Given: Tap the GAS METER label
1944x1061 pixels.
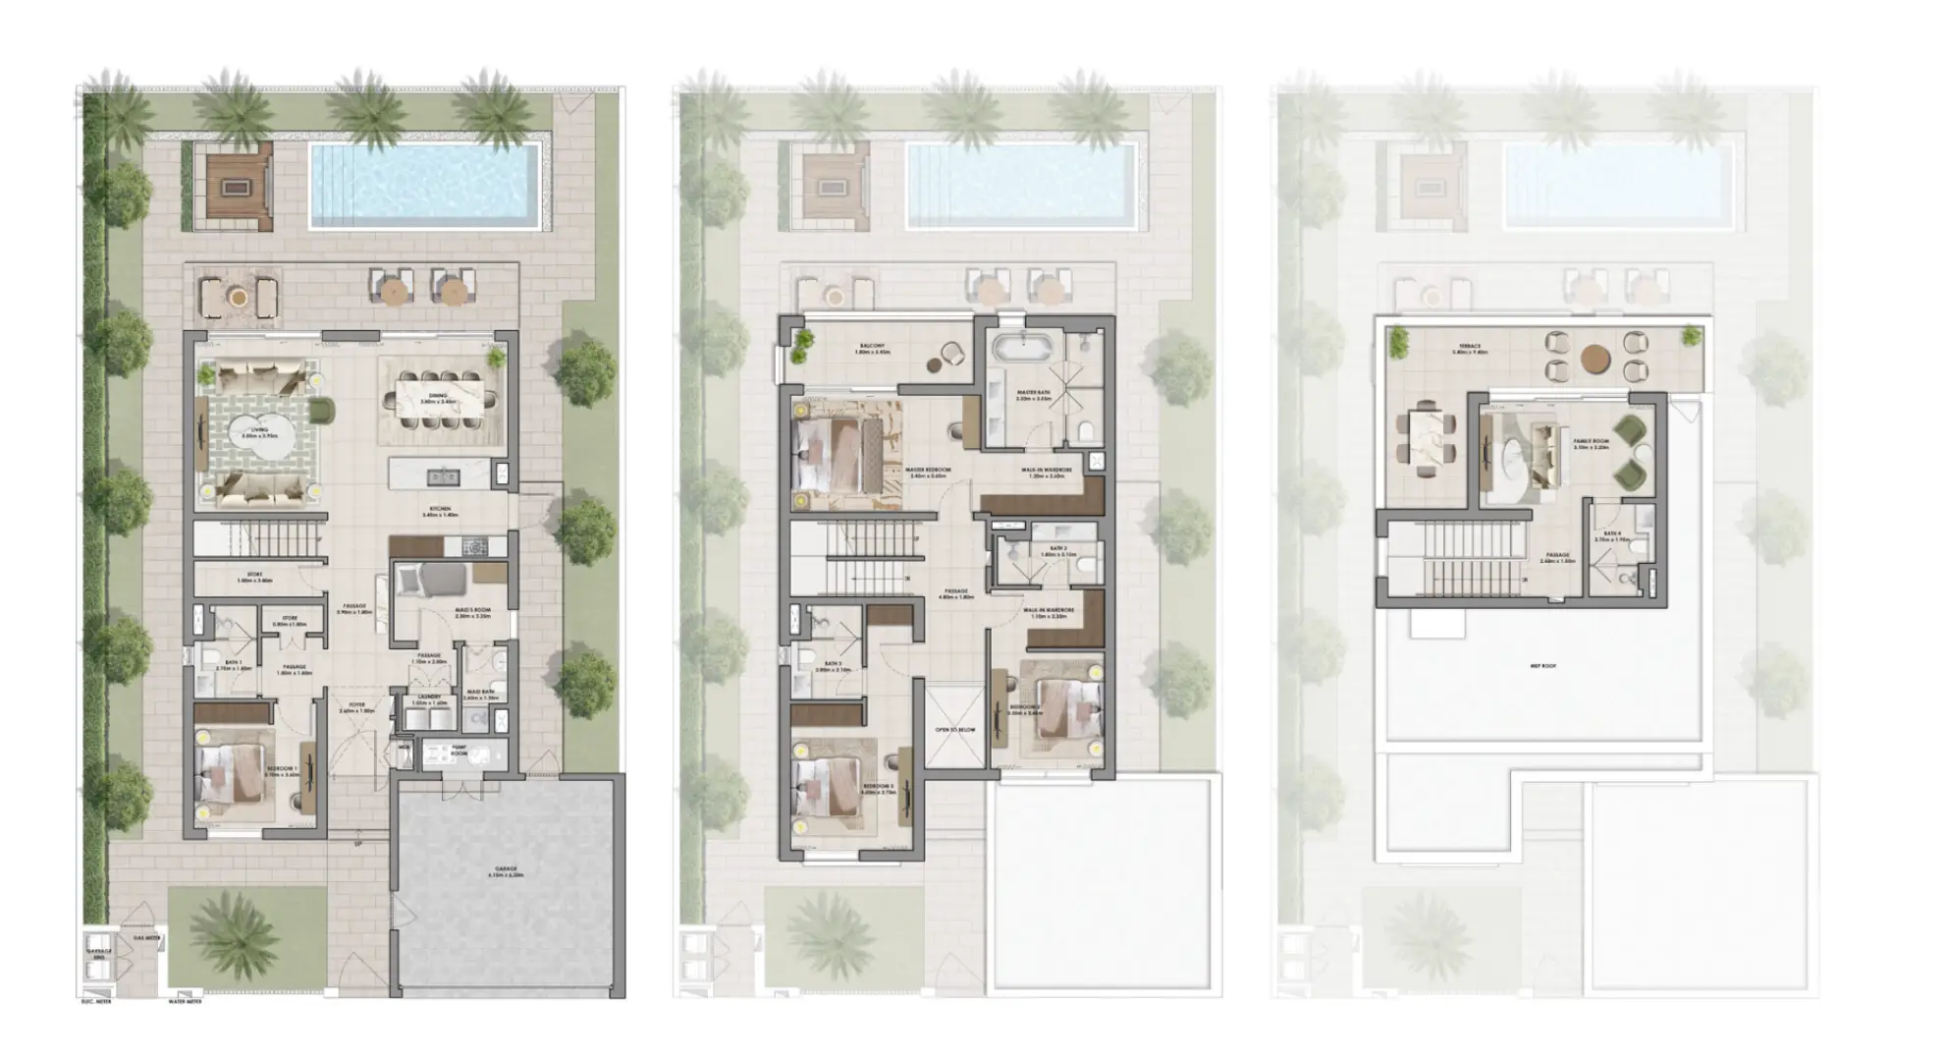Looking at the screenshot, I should click(147, 939).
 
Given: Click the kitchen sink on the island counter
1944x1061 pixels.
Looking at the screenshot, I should click(438, 477).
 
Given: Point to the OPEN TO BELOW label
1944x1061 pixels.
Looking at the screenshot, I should click(953, 731).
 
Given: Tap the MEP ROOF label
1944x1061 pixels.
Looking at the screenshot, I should click(1542, 666).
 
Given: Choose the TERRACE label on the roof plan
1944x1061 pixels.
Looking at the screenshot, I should click(1469, 348).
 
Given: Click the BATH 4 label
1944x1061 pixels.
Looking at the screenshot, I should click(1611, 536).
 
